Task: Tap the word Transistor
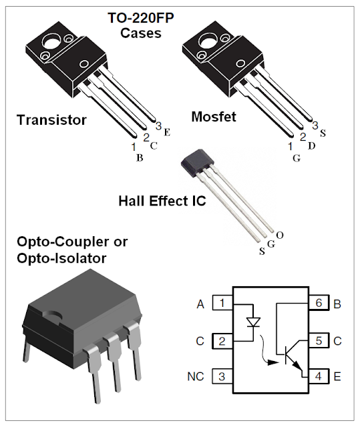point(51,120)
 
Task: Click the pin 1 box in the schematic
point(222,304)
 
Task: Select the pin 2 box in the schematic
point(222,341)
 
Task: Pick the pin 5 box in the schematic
point(319,341)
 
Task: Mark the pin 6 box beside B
point(319,304)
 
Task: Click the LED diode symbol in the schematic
point(253,322)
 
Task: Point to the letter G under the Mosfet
point(297,158)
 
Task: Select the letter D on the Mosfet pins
point(311,145)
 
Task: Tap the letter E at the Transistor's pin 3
point(167,132)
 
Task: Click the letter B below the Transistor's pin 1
point(140,158)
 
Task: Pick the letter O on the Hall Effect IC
point(279,235)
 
